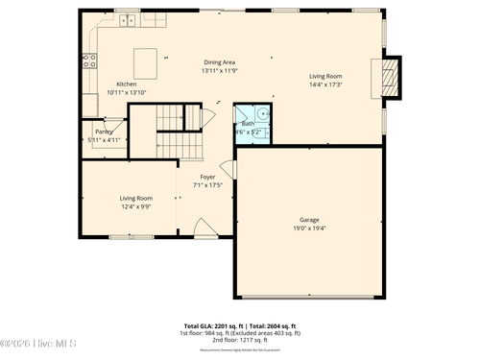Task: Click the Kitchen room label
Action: [127, 83]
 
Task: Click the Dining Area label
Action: [219, 62]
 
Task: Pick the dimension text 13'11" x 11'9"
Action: [219, 71]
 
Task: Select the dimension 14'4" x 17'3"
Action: [325, 84]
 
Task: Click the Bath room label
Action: [248, 123]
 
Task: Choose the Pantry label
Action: [104, 132]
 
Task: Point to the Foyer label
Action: [207, 177]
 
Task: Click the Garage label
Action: [309, 220]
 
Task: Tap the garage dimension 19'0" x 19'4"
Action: [309, 228]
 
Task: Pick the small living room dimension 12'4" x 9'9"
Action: [135, 205]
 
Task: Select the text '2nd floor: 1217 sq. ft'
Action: [239, 340]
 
